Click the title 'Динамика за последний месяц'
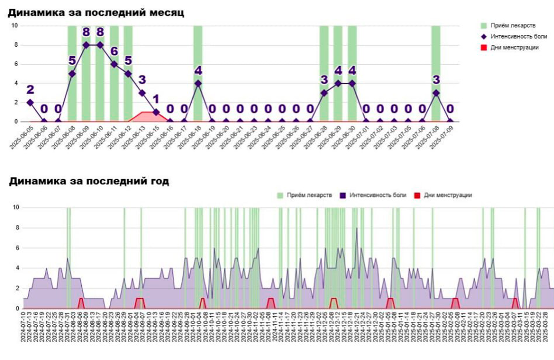[x=96, y=13]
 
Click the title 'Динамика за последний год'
[x=89, y=181]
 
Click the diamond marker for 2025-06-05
[x=30, y=103]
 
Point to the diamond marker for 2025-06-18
[x=198, y=84]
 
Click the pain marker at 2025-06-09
[x=86, y=45]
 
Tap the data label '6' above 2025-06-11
[x=114, y=51]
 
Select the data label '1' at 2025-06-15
[x=156, y=99]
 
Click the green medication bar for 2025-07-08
[x=436, y=55]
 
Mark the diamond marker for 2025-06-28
[x=324, y=93]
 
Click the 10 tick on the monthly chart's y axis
[x=15, y=26]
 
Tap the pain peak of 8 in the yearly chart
[x=357, y=228]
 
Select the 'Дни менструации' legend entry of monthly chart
[x=514, y=47]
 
